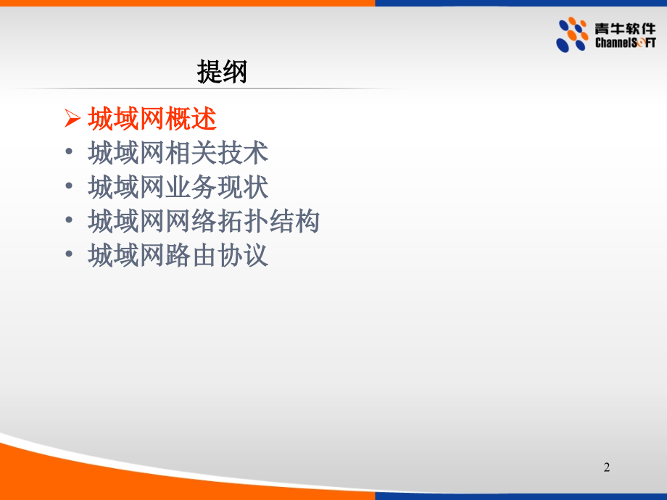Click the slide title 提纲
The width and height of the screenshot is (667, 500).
coord(222,72)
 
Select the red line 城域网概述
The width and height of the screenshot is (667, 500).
coord(152,118)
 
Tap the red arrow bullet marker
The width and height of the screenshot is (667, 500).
coord(72,118)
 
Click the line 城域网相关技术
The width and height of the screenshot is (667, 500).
coord(178,153)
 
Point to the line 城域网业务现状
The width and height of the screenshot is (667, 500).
coord(178,187)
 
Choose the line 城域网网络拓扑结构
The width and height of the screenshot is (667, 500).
coord(204,221)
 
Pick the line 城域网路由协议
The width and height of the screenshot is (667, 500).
coord(178,254)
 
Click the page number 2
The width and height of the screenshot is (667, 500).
coord(607,467)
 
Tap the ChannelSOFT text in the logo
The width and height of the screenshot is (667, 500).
coord(625,43)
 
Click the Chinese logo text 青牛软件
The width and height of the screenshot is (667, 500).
coord(625,28)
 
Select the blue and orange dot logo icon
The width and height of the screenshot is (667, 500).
coord(572,35)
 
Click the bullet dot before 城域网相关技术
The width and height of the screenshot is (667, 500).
coord(69,151)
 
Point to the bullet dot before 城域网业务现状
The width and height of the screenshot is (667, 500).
coord(69,186)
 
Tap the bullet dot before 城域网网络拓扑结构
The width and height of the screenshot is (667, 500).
coord(69,220)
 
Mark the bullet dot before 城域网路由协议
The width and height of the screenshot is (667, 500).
coord(69,254)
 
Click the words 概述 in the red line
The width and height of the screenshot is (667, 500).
coord(191,118)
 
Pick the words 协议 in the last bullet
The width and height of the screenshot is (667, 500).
coord(243,254)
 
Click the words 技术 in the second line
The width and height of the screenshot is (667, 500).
coord(243,153)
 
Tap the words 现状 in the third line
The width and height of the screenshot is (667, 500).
coord(243,187)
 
